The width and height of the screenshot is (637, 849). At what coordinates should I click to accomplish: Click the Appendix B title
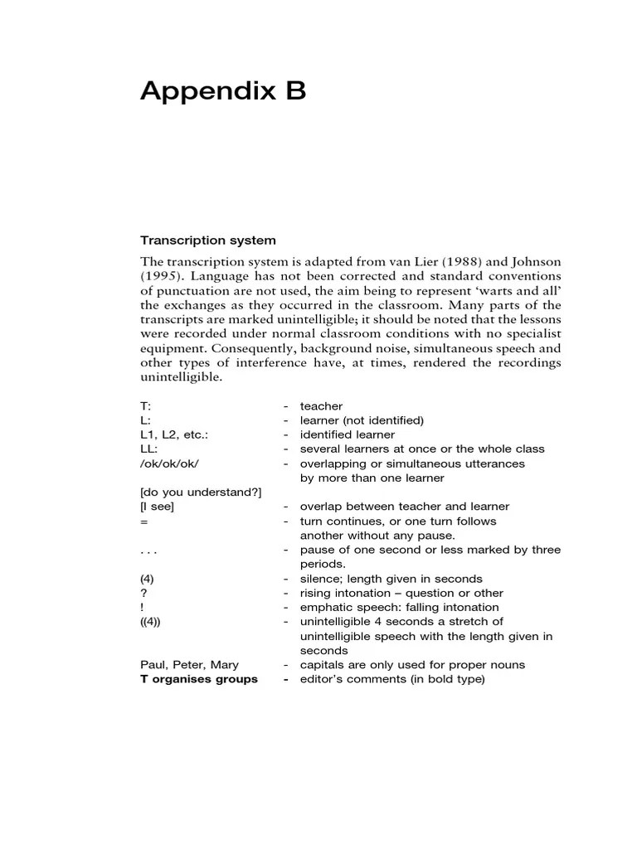coord(223,92)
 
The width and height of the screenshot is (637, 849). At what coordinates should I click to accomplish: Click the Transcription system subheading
coord(207,240)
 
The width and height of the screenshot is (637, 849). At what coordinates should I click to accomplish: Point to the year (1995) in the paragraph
coord(160,276)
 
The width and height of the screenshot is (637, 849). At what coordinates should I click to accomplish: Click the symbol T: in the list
coord(147,406)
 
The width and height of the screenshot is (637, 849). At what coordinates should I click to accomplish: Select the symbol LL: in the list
coord(148,449)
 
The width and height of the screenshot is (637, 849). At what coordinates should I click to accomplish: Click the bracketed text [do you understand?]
coord(201,492)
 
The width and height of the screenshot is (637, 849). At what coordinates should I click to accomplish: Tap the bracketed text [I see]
coord(158,507)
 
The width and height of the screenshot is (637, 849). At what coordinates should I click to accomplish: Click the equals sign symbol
coord(144,521)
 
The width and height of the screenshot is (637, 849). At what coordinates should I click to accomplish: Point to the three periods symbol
coord(149,551)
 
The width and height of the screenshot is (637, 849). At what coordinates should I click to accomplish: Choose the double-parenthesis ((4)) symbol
coord(152,622)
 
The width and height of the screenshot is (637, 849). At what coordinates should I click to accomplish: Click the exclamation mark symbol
coord(143,608)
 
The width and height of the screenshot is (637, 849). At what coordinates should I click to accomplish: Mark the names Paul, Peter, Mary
coord(190,665)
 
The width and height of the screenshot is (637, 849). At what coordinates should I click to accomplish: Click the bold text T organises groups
coord(199,679)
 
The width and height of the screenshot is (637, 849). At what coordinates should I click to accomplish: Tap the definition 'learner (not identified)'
coord(362,420)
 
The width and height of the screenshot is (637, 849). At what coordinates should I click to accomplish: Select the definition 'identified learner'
coord(347,434)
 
